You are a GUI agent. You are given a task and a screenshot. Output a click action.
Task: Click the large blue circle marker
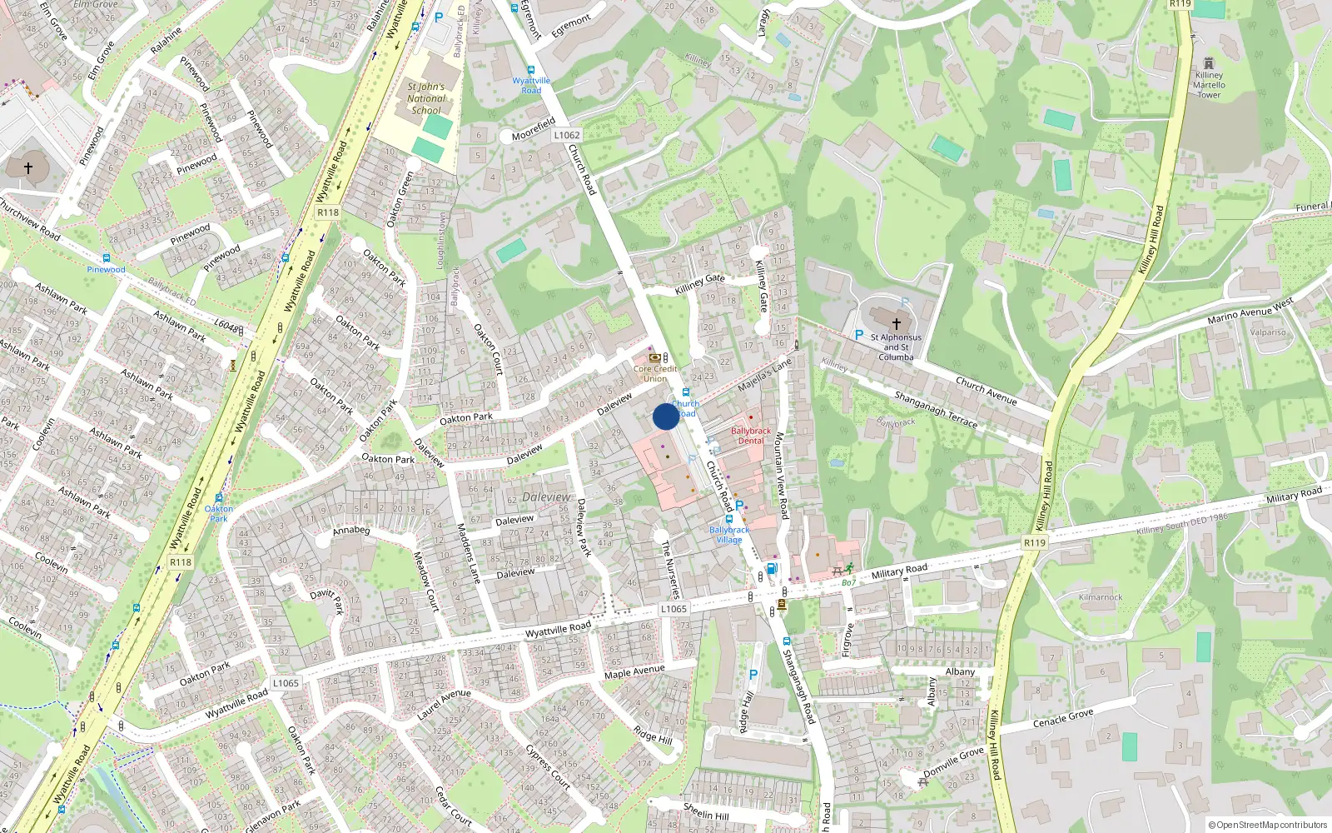pyautogui.click(x=665, y=416)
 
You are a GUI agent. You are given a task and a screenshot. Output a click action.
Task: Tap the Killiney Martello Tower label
pyautogui.click(x=1209, y=84)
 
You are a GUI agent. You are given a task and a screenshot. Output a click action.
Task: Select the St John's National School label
pyautogui.click(x=426, y=98)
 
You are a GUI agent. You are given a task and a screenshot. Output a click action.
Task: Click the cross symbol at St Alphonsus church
pyautogui.click(x=897, y=323)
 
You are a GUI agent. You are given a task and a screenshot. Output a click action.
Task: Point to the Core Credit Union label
pyautogui.click(x=655, y=373)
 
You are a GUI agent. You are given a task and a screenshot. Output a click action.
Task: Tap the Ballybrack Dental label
pyautogui.click(x=750, y=436)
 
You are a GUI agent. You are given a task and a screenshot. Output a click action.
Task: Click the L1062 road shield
pyautogui.click(x=566, y=135)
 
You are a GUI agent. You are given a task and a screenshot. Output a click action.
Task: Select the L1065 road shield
pyautogui.click(x=673, y=609)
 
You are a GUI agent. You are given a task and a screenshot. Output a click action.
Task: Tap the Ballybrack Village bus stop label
pyautogui.click(x=729, y=535)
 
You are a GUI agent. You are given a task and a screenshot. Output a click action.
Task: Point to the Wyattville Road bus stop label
pyautogui.click(x=531, y=85)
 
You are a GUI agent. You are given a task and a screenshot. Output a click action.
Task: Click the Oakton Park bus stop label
pyautogui.click(x=218, y=513)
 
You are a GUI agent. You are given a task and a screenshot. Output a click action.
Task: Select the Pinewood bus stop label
pyautogui.click(x=107, y=269)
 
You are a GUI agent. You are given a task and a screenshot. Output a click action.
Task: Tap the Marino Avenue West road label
pyautogui.click(x=1250, y=310)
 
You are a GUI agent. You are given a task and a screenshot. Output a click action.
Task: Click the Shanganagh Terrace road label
pyautogui.click(x=936, y=409)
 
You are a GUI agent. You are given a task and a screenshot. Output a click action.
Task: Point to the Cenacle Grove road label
pyautogui.click(x=1063, y=718)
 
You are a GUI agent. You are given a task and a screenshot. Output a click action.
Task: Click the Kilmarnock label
pyautogui.click(x=1101, y=597)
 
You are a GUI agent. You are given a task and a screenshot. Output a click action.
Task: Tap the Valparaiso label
pyautogui.click(x=1267, y=332)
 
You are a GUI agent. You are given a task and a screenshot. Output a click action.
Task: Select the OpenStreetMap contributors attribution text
pyautogui.click(x=1267, y=825)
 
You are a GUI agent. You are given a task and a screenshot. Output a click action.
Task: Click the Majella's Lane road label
pyautogui.click(x=764, y=375)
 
